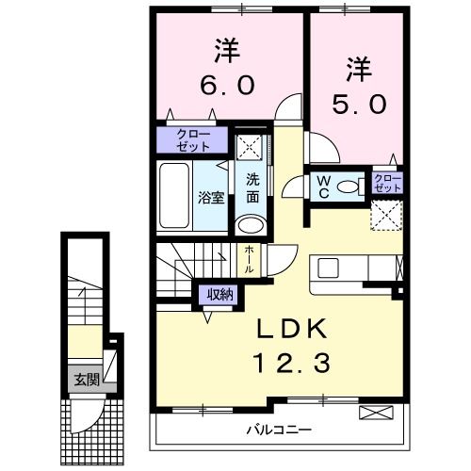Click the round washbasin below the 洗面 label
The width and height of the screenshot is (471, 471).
pyautogui.click(x=251, y=224)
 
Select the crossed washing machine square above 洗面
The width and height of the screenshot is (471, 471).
pyautogui.click(x=251, y=146)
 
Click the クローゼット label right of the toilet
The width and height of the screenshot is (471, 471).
pyautogui.click(x=387, y=183)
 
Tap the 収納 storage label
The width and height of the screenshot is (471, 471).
pyautogui.click(x=220, y=295)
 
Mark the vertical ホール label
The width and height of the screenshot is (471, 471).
pyautogui.click(x=248, y=258)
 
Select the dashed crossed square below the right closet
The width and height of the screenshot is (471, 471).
pyautogui.click(x=386, y=216)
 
